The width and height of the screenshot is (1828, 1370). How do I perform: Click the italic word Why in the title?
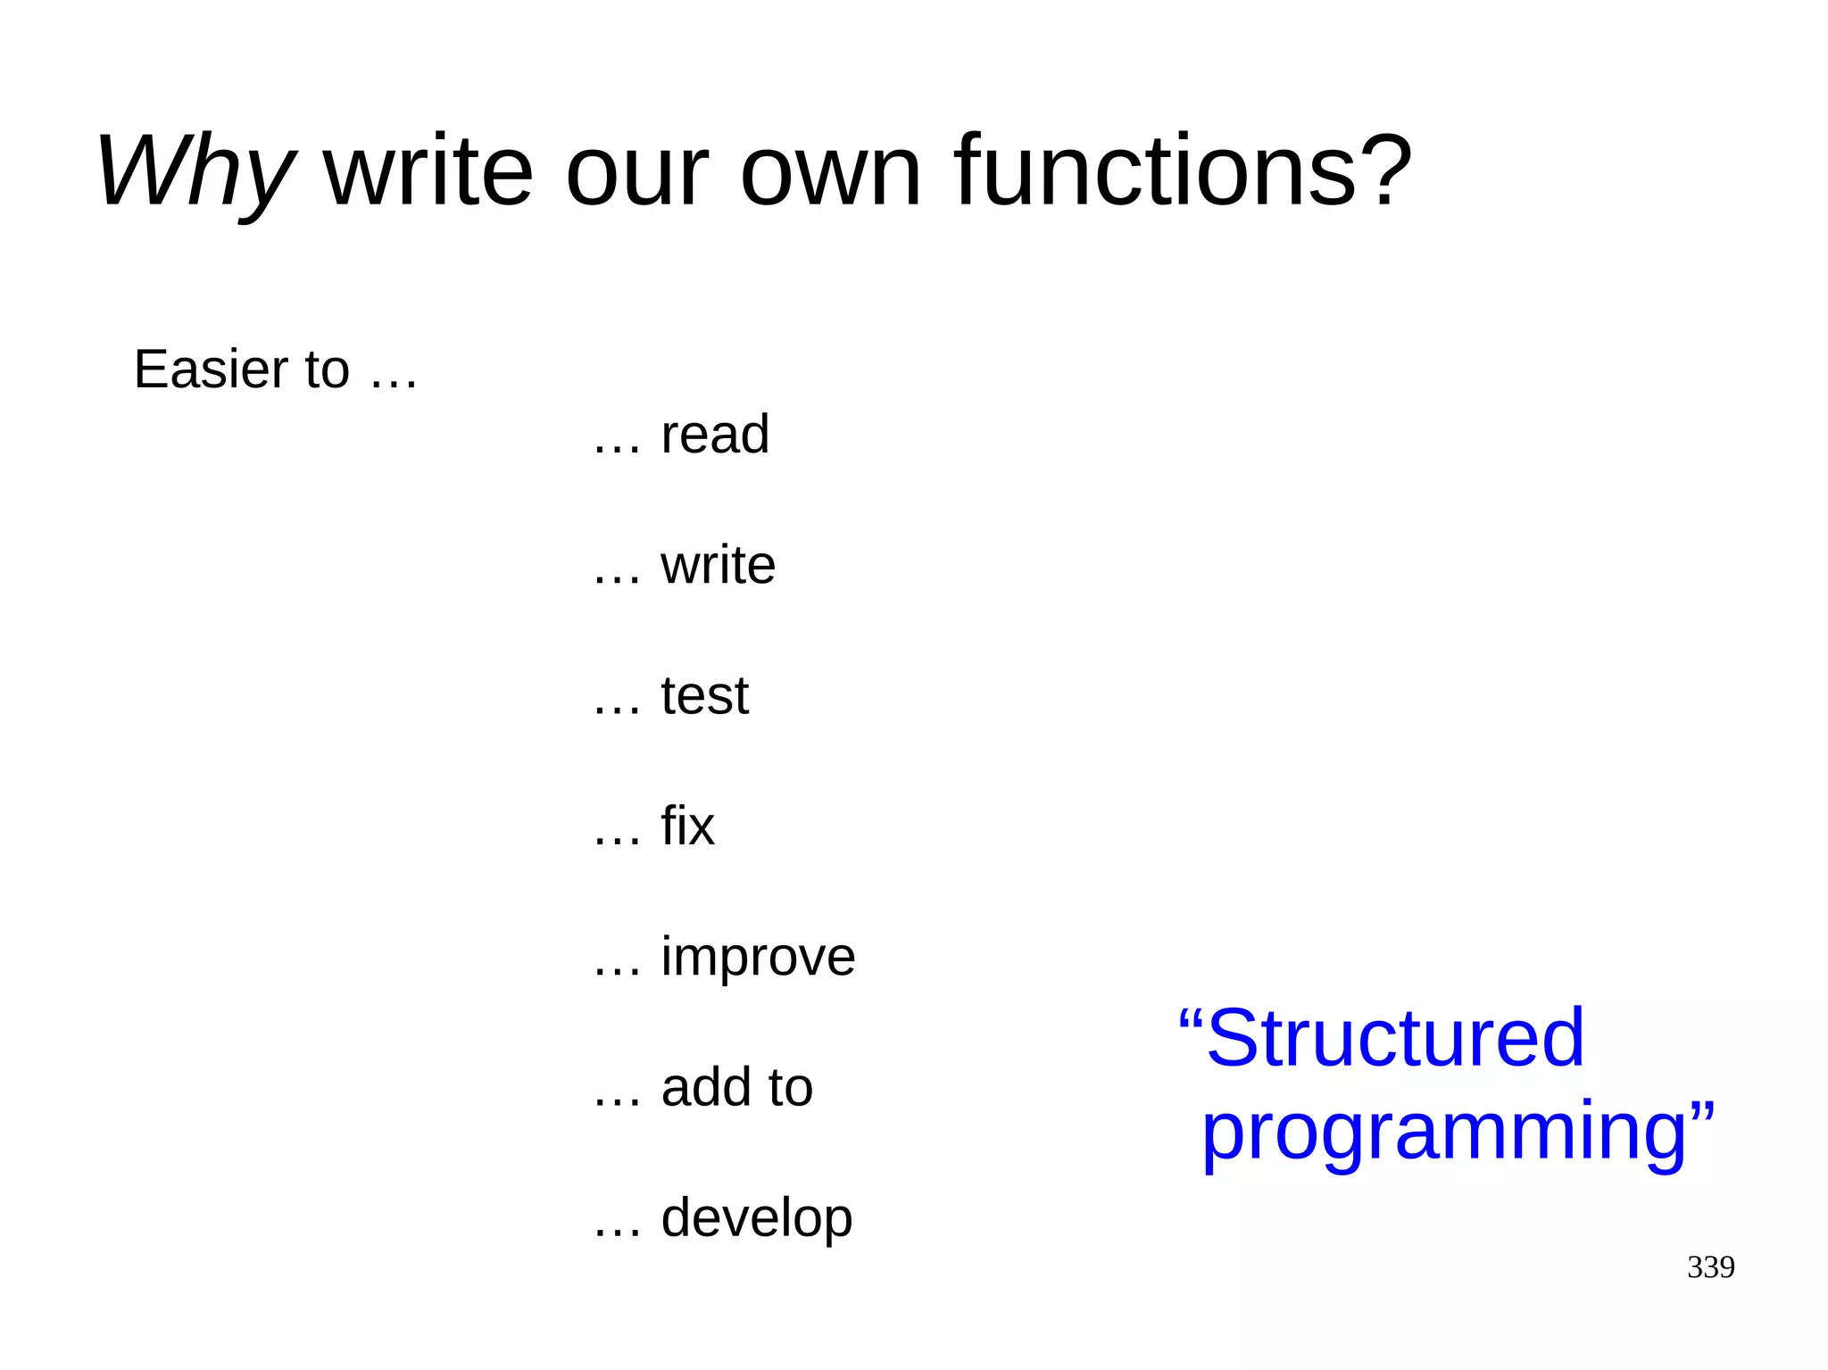tap(195, 171)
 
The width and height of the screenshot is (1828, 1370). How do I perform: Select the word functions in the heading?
tap(1155, 170)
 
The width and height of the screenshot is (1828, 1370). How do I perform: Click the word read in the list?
tap(715, 435)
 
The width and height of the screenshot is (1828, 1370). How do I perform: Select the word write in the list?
tap(719, 565)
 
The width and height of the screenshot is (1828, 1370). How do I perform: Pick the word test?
tap(705, 695)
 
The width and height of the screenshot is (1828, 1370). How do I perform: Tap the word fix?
tap(688, 826)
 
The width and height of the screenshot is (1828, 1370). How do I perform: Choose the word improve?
tap(759, 958)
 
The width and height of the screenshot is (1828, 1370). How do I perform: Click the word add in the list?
tap(701, 1087)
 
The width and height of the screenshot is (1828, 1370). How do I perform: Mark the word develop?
tap(757, 1218)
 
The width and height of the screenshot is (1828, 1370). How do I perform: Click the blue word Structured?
tap(1394, 1038)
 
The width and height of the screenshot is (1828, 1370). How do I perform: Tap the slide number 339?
tap(1710, 1267)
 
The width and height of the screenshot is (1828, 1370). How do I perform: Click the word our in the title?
tap(636, 171)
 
